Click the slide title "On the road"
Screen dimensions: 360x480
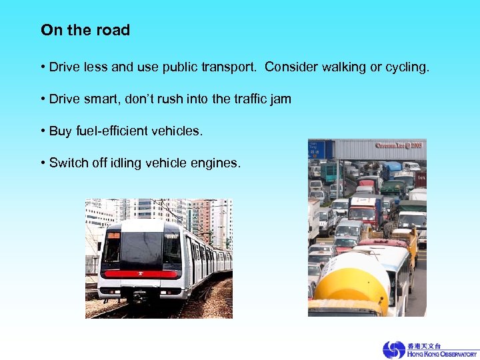pos(85,30)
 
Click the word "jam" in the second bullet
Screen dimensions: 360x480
pos(280,99)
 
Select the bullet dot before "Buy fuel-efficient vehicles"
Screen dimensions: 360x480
pos(43,131)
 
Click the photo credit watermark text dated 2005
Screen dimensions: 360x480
pos(399,145)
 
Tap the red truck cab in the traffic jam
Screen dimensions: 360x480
pos(365,211)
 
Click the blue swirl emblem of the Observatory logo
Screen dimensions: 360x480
pos(393,350)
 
